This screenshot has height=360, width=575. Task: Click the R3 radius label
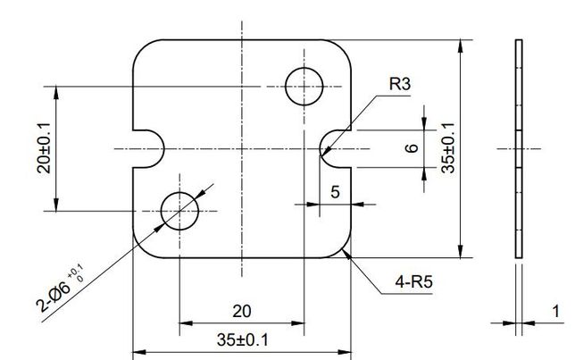point(400,84)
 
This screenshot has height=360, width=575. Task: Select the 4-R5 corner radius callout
point(414,281)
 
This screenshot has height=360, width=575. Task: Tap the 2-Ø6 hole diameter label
point(54,295)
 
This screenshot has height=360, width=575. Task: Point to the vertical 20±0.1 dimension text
point(45,148)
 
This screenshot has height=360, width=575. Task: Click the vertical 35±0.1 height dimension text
point(447,147)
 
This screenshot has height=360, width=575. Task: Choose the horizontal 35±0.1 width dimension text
point(242,339)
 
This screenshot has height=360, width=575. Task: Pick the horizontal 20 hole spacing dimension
point(242,311)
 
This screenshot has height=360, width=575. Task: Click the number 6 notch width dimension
point(412,148)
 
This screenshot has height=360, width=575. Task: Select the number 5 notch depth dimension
point(335,192)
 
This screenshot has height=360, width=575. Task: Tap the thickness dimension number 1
point(556,311)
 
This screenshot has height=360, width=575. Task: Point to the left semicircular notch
point(163,149)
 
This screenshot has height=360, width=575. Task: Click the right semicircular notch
point(321,149)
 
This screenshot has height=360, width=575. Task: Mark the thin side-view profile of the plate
point(519,148)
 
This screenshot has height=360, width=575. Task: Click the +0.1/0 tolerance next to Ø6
point(76,273)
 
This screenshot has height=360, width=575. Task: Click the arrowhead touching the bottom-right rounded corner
point(346,254)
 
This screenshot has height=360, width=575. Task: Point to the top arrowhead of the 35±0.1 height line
point(461,46)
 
